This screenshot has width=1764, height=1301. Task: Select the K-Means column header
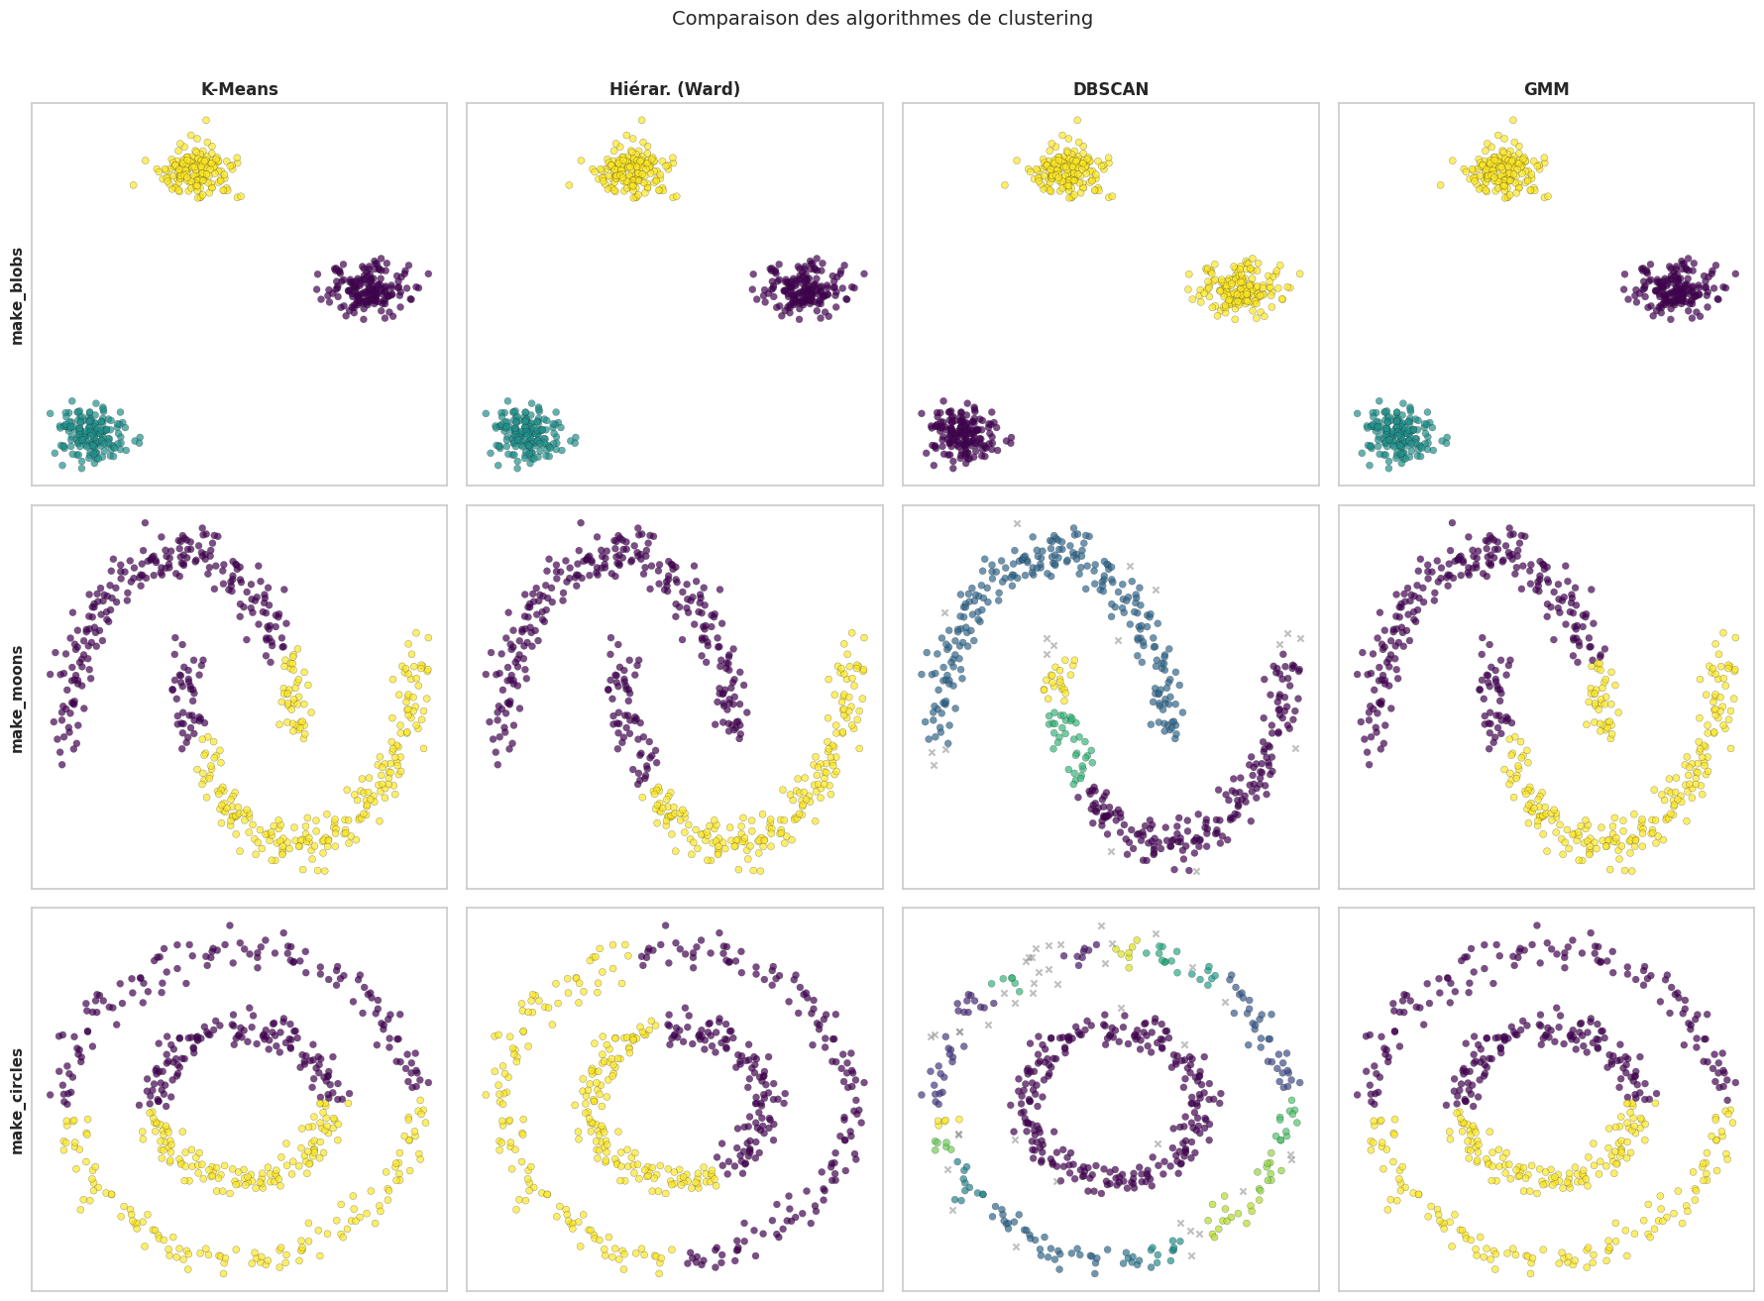click(x=239, y=89)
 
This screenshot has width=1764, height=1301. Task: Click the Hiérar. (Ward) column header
click(x=675, y=89)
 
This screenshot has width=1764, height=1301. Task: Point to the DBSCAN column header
click(x=1111, y=89)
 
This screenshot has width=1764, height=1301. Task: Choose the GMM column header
click(x=1546, y=89)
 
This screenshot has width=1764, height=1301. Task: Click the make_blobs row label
click(x=17, y=295)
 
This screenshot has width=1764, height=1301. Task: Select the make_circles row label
click(x=17, y=1100)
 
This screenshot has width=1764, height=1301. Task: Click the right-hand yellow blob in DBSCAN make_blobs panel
click(x=1241, y=289)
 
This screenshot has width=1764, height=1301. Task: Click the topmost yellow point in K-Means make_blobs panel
click(x=205, y=121)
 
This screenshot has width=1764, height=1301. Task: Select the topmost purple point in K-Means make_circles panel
click(x=230, y=925)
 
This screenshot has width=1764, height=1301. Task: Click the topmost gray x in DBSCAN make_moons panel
click(x=1017, y=523)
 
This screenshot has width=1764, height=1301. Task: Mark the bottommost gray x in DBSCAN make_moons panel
click(x=1196, y=872)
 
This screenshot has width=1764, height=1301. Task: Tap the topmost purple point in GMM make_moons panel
click(x=1452, y=522)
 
